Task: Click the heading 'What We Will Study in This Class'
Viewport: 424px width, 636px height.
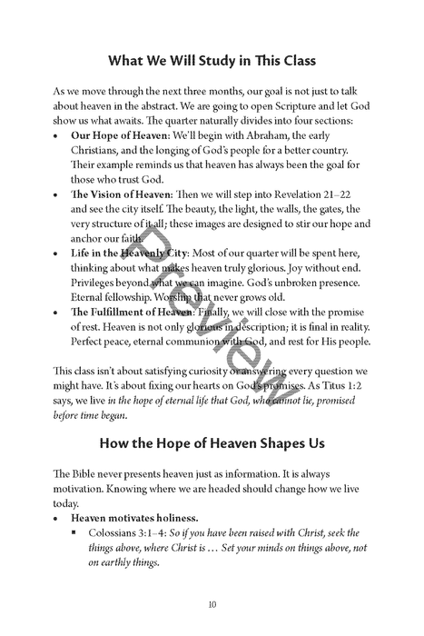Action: (212, 62)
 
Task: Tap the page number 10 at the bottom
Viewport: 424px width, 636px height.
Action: (212, 603)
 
